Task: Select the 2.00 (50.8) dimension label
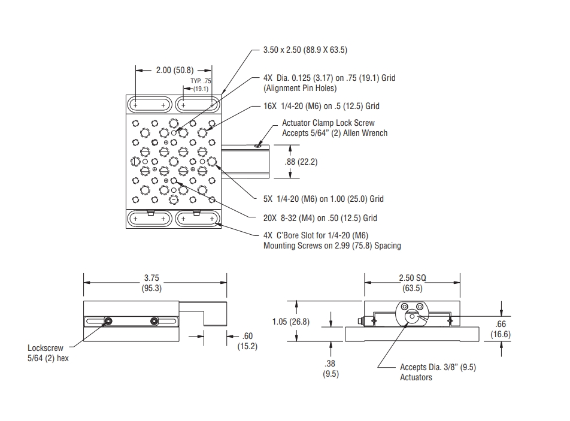pos(173,70)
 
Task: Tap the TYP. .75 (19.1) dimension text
pos(200,85)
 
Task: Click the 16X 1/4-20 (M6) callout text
pos(322,106)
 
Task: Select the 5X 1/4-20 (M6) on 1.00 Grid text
pos(323,199)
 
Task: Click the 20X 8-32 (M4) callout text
pos(320,218)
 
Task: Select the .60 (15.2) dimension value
pos(247,341)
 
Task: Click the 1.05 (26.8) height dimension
pos(290,322)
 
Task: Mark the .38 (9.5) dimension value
pos(331,369)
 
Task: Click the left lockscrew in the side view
pos(108,322)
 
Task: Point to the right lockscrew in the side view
pos(154,322)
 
